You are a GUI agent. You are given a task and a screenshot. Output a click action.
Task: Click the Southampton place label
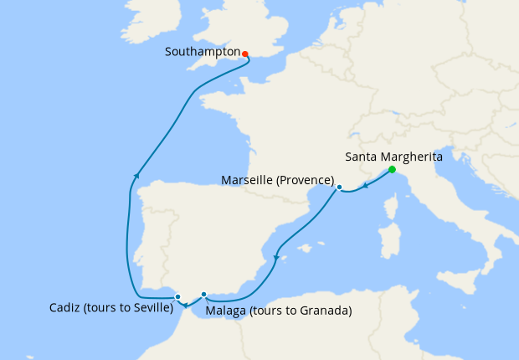tap(202, 52)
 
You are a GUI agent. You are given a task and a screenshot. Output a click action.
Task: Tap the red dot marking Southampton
tap(245, 54)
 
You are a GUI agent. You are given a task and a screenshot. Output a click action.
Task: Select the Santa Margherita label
tap(394, 157)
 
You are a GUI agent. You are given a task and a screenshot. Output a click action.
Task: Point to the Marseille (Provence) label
tap(278, 181)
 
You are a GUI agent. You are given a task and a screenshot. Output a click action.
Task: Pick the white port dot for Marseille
tap(339, 188)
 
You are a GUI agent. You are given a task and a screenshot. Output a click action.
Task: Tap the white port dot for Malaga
tap(204, 294)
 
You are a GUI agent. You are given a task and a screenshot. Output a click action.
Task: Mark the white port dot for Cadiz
tap(177, 296)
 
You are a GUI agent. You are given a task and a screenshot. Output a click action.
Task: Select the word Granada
tap(323, 311)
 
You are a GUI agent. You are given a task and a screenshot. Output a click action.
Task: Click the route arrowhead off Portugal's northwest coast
tap(135, 176)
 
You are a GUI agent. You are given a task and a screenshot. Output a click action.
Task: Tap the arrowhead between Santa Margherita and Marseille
tap(366, 185)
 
